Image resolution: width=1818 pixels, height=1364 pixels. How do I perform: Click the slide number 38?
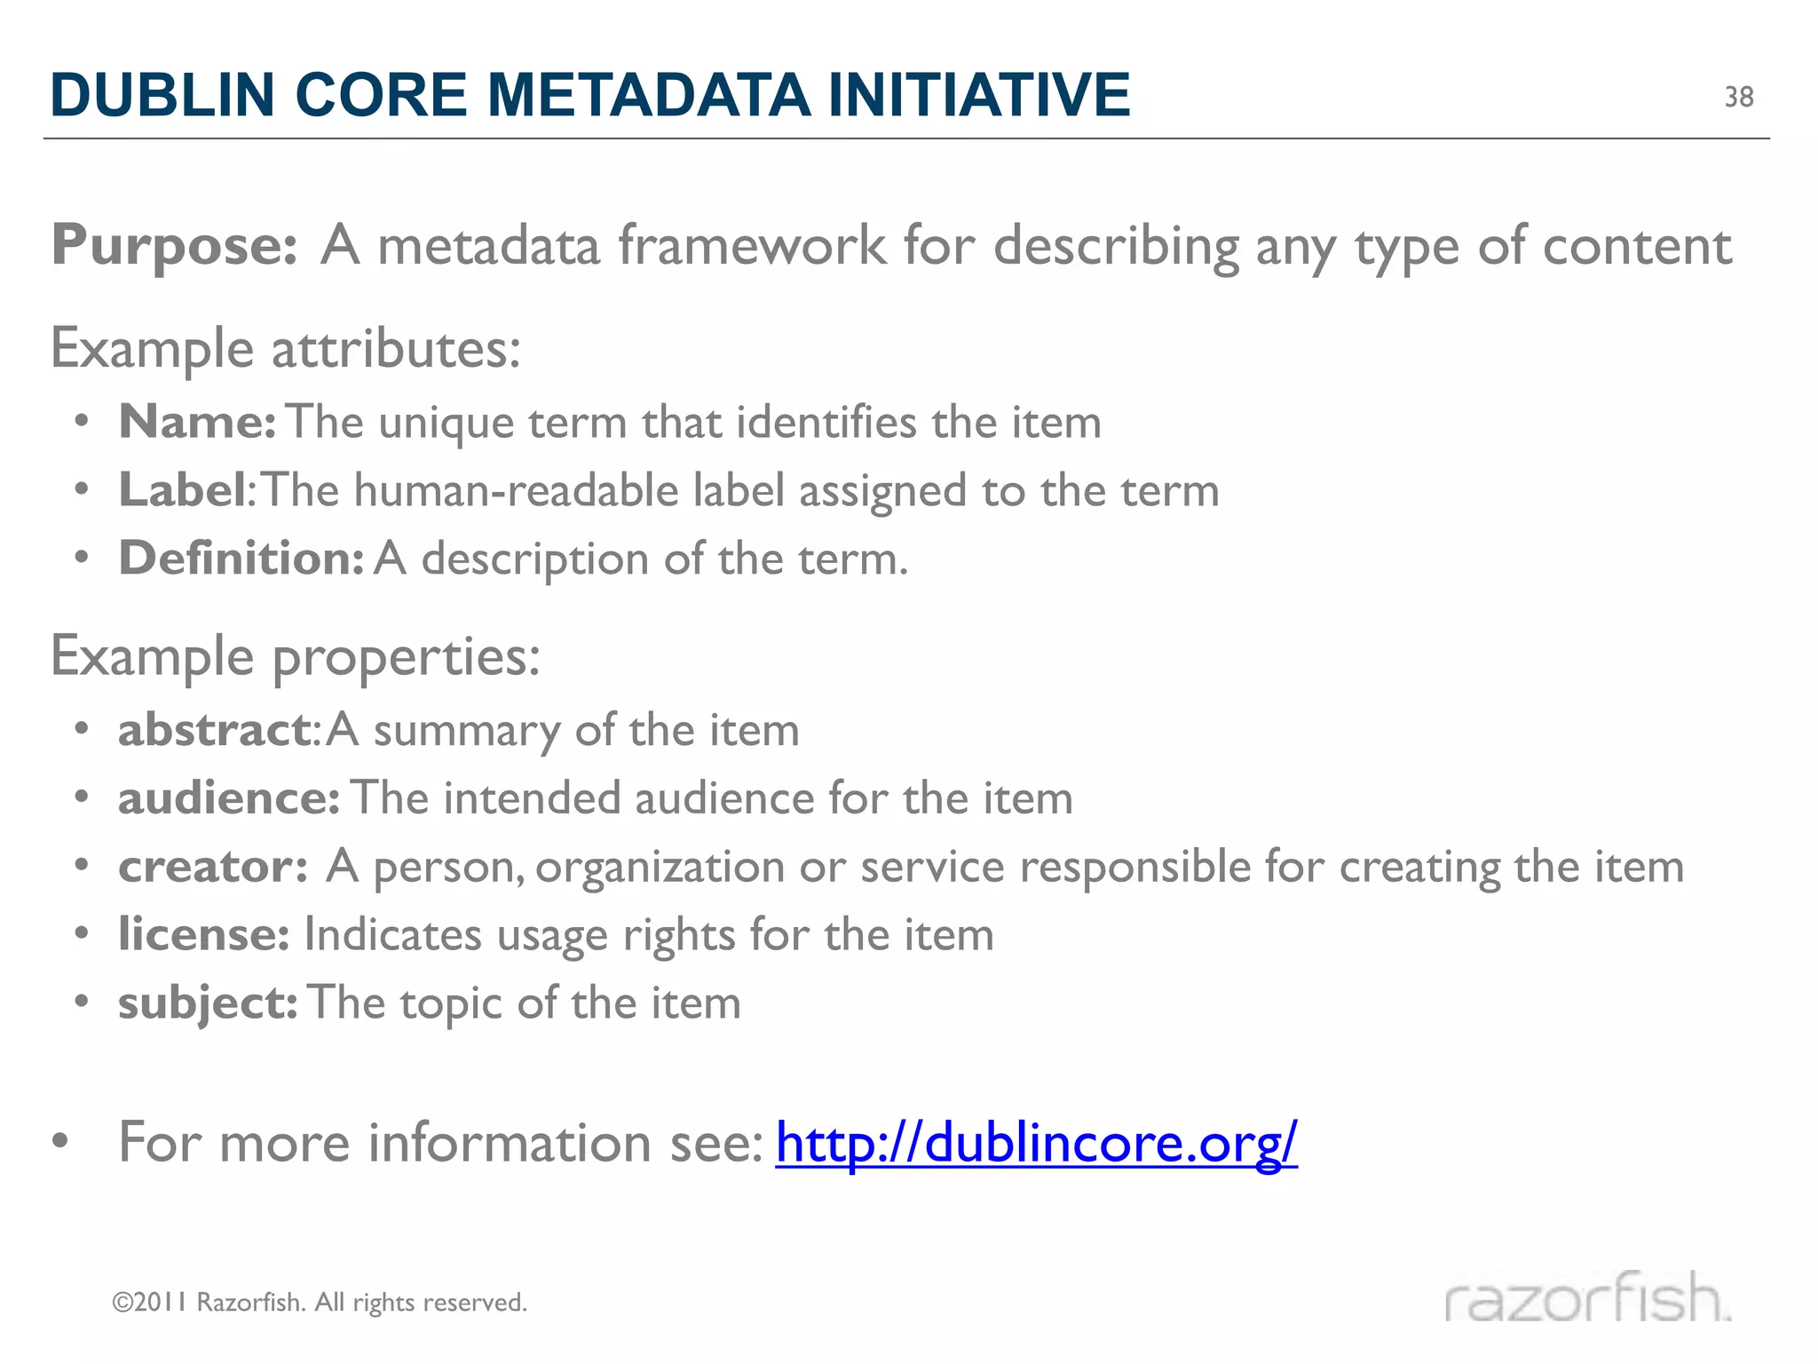click(1738, 97)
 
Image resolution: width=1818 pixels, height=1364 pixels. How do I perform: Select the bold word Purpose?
click(174, 246)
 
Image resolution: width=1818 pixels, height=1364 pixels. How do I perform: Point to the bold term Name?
click(197, 422)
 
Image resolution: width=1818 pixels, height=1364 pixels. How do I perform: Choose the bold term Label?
click(182, 490)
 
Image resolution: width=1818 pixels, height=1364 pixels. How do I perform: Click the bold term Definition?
click(241, 559)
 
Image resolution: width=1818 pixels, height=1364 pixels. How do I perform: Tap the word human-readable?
click(516, 490)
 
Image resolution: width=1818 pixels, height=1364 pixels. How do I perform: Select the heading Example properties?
click(295, 657)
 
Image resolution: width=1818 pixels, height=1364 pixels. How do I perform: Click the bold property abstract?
click(214, 730)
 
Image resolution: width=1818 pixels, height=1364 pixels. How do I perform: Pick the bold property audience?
click(228, 798)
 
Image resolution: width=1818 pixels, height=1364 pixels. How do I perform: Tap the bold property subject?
click(208, 1003)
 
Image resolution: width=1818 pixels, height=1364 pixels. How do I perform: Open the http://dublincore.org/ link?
click(1036, 1143)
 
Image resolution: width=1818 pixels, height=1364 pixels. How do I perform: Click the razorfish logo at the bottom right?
click(1587, 1298)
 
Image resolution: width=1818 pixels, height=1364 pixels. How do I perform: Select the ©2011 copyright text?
click(320, 1303)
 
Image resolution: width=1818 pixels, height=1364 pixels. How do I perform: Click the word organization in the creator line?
click(660, 867)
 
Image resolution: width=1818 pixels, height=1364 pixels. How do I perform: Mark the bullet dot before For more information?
click(60, 1141)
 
